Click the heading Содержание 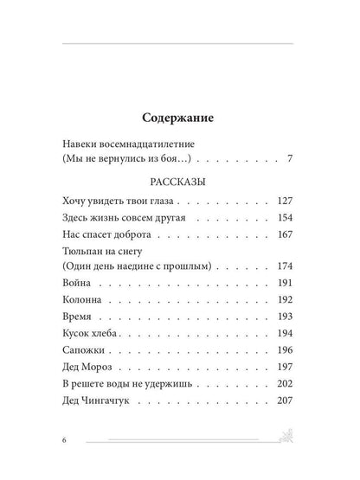(x=179, y=115)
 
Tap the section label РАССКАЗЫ (x=179, y=184)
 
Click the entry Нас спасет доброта (x=108, y=235)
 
